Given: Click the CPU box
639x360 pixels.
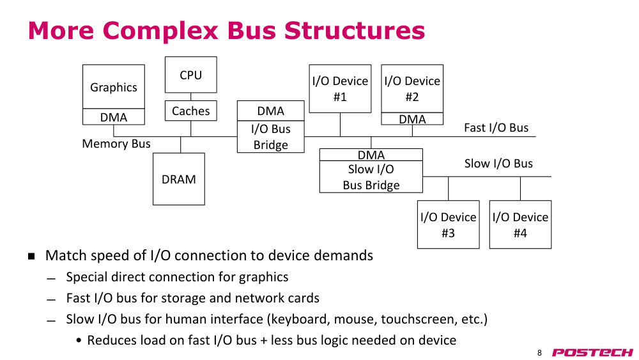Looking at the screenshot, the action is pyautogui.click(x=190, y=75).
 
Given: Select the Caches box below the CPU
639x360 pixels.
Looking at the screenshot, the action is pyautogui.click(x=190, y=111).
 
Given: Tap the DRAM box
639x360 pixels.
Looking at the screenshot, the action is pyautogui.click(x=178, y=179).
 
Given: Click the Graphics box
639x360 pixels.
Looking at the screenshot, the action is pyautogui.click(x=113, y=86).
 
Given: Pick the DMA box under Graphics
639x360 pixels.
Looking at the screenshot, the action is pyautogui.click(x=113, y=117).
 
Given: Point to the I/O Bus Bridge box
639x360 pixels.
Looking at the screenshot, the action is pyautogui.click(x=270, y=137).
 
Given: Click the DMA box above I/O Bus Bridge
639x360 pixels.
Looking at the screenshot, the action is pyautogui.click(x=270, y=111).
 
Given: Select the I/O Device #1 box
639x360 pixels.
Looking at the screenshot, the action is pyautogui.click(x=340, y=88).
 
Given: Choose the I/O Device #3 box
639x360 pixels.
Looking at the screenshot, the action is pyautogui.click(x=449, y=224).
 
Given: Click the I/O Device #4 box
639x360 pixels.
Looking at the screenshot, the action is pyautogui.click(x=520, y=224).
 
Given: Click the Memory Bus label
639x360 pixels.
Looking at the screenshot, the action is pyautogui.click(x=116, y=143).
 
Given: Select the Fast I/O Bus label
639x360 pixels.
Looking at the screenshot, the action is pyautogui.click(x=496, y=128).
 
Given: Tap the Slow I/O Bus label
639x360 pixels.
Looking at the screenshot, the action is pyautogui.click(x=498, y=164).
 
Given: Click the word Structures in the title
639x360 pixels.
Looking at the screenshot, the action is pyautogui.click(x=355, y=31).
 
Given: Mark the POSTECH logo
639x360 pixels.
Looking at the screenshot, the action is pyautogui.click(x=592, y=352).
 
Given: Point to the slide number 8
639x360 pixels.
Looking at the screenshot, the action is pyautogui.click(x=539, y=353).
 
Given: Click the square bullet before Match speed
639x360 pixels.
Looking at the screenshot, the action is pyautogui.click(x=31, y=256).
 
